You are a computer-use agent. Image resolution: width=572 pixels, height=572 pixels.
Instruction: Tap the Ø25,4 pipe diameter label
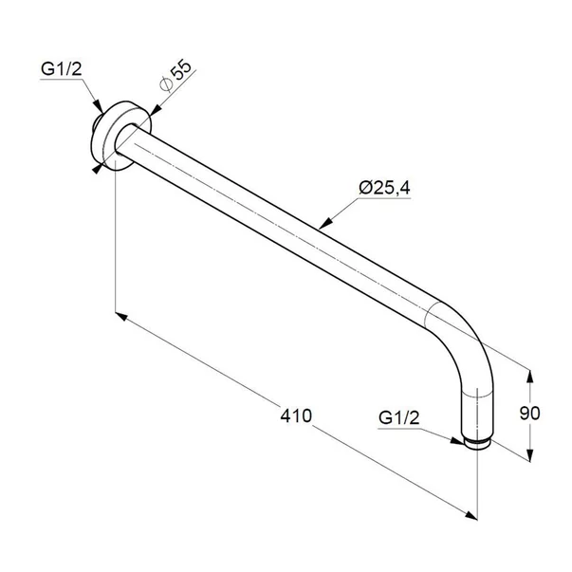pos(384,188)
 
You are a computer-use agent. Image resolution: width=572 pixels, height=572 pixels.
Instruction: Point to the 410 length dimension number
pos(296,416)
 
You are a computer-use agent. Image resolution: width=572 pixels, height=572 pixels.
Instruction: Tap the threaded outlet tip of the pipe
pos(476,441)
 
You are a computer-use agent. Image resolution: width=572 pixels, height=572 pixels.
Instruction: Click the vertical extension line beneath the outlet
pos(475,484)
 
